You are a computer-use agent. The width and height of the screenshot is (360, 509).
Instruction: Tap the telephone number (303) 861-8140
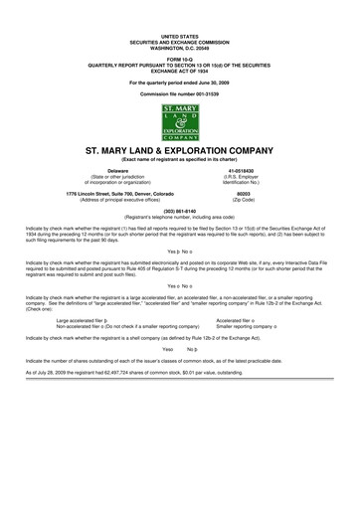(x=179, y=211)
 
